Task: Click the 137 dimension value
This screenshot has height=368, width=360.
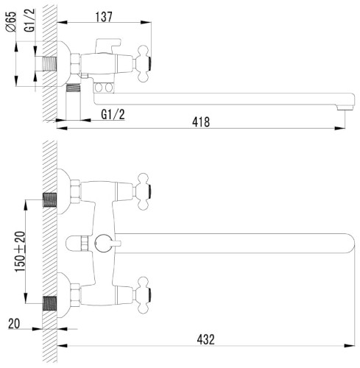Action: pyautogui.click(x=104, y=17)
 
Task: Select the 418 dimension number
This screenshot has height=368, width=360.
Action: pyautogui.click(x=201, y=122)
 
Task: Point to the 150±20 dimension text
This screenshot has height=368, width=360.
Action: pyautogui.click(x=21, y=252)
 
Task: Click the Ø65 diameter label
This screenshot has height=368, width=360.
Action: pyautogui.click(x=11, y=21)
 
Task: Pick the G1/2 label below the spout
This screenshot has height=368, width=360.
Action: pyautogui.click(x=113, y=114)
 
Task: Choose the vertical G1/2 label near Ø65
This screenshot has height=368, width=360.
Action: pyautogui.click(x=29, y=20)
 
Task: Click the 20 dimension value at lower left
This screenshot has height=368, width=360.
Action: pyautogui.click(x=14, y=324)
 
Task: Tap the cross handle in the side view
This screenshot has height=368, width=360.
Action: pyautogui.click(x=144, y=63)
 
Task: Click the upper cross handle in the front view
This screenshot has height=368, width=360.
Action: pyautogui.click(x=144, y=191)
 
